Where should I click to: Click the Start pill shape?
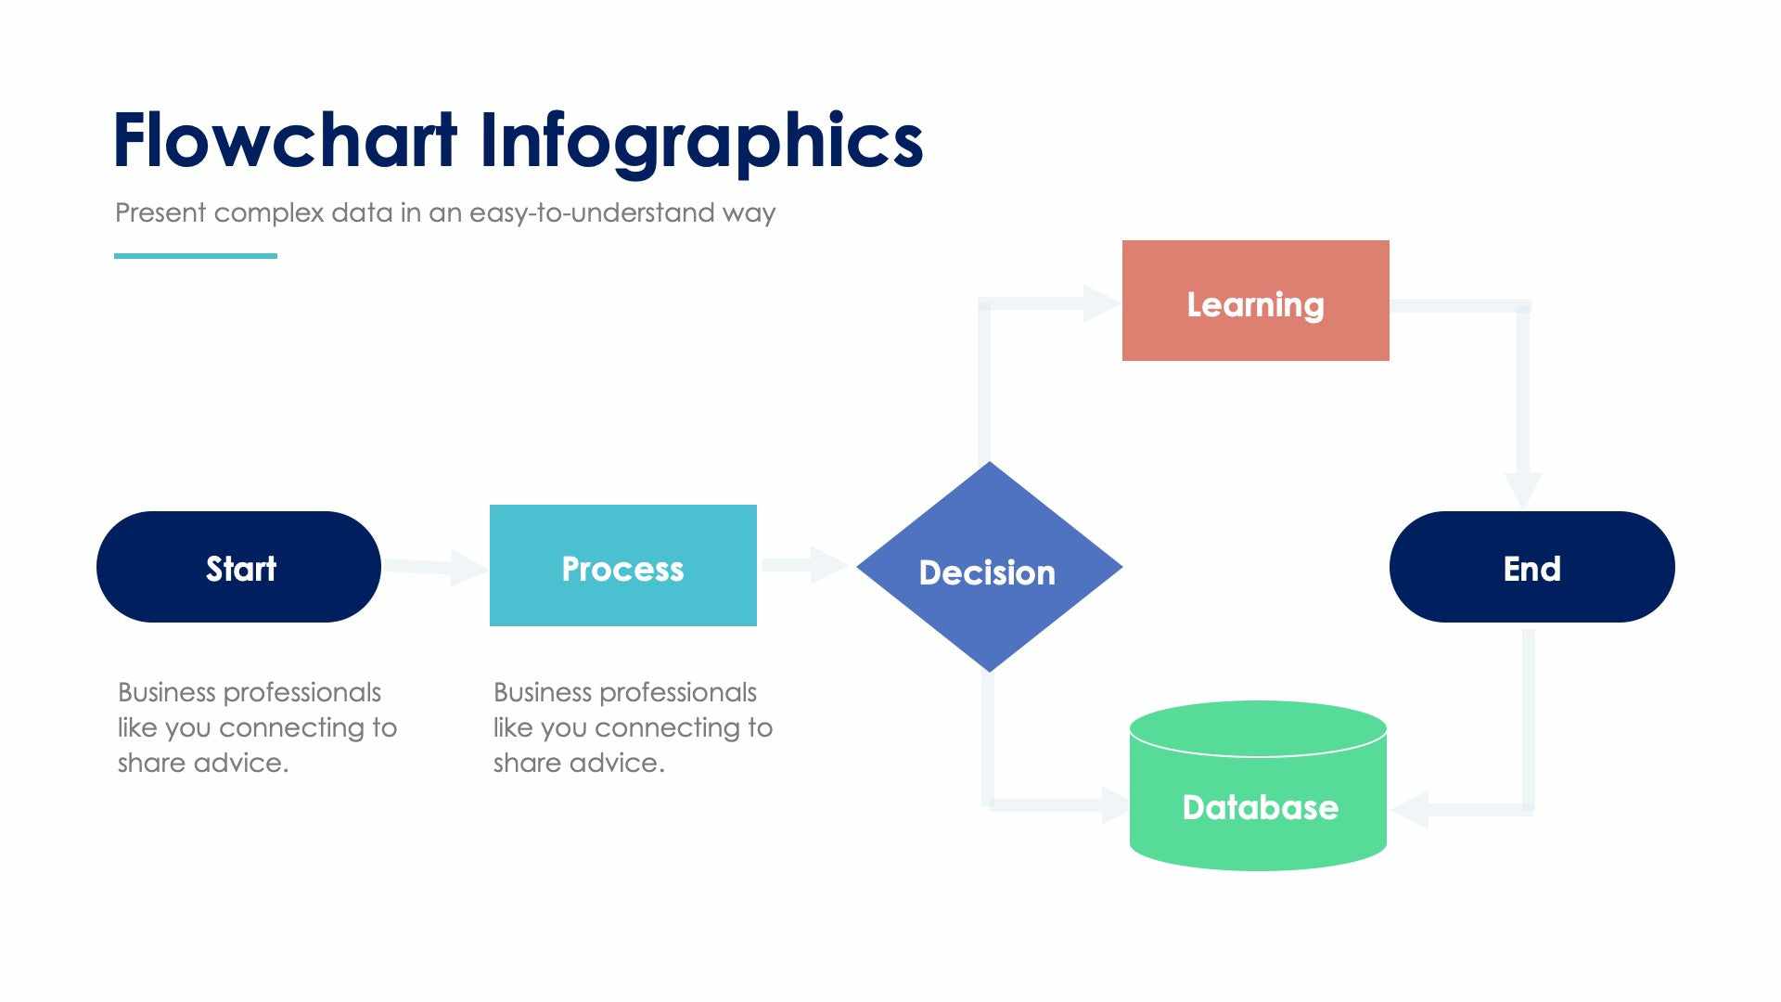pyautogui.click(x=238, y=567)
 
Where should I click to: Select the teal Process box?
pyautogui.click(x=622, y=566)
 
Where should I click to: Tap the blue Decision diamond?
pyautogui.click(x=989, y=568)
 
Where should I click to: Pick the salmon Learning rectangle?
pyautogui.click(x=1255, y=301)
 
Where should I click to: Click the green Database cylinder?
pyautogui.click(x=1258, y=807)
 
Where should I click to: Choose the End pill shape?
pyautogui.click(x=1531, y=567)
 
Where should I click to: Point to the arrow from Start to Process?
pyautogui.click(x=436, y=567)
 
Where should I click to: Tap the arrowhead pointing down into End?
pyautogui.click(x=1522, y=487)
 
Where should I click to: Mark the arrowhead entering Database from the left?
pyautogui.click(x=1113, y=803)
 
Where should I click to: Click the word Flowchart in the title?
pyautogui.click(x=285, y=141)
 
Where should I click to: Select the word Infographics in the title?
pyautogui.click(x=700, y=141)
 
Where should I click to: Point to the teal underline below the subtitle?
pyautogui.click(x=196, y=255)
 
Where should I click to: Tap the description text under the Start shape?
pyautogui.click(x=256, y=727)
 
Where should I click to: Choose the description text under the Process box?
pyautogui.click(x=632, y=727)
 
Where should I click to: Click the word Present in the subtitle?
pyautogui.click(x=160, y=213)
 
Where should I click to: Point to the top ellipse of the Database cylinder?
pyautogui.click(x=1258, y=727)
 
